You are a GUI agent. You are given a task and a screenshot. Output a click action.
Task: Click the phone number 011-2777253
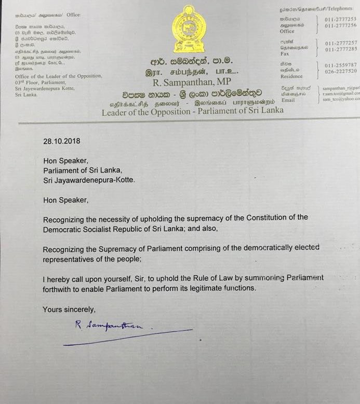click(341, 19)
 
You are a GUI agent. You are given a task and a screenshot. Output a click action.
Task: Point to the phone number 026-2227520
click(341, 71)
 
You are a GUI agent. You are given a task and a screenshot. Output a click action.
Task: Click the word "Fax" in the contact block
click(284, 54)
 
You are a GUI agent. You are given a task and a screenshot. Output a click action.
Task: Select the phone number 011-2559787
click(341, 66)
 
